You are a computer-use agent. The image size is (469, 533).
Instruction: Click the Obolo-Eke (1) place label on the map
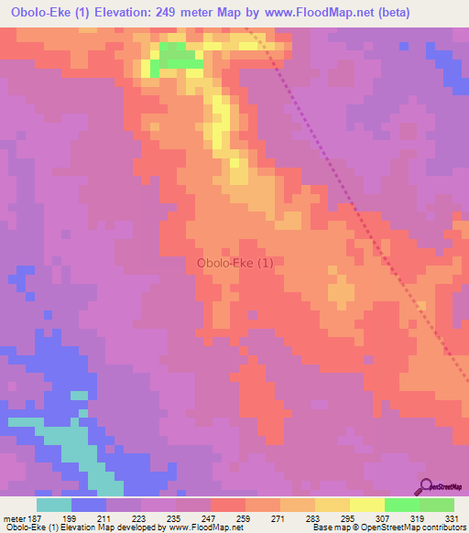click(x=234, y=263)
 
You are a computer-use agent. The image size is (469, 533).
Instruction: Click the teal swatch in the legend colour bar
click(x=54, y=505)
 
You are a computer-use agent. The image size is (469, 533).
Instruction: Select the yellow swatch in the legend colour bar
click(x=367, y=505)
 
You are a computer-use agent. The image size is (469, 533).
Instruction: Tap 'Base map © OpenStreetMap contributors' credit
click(x=389, y=528)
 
